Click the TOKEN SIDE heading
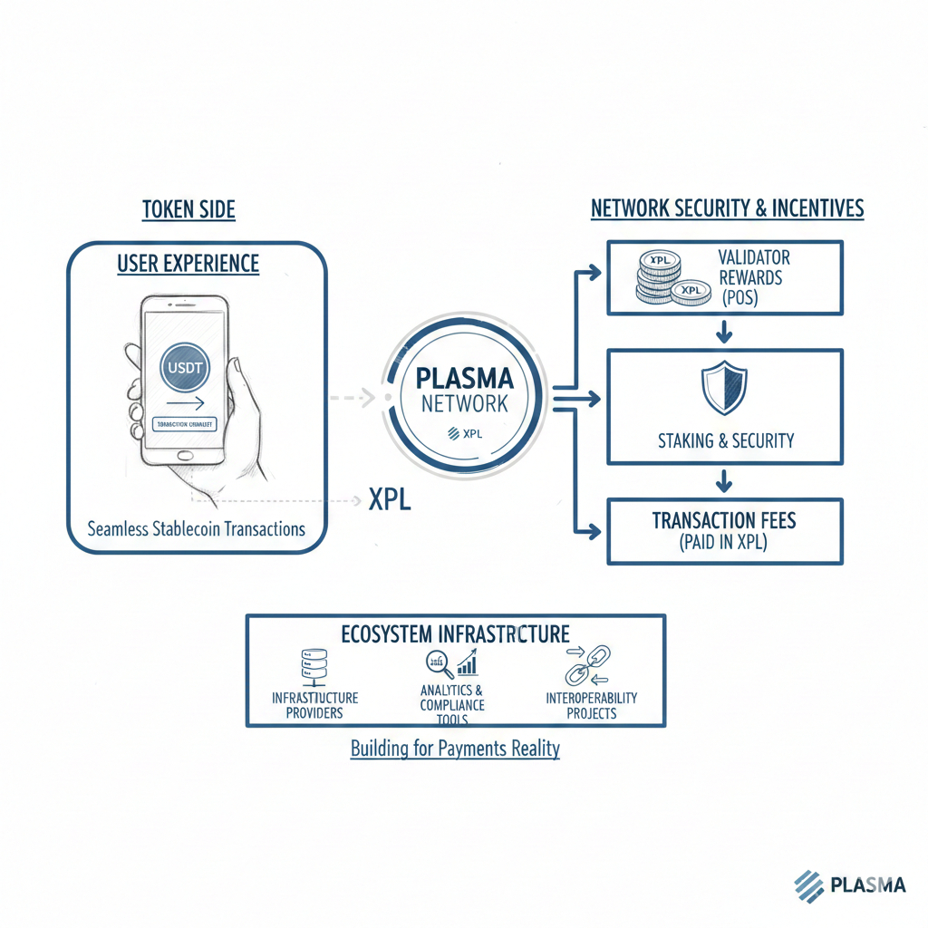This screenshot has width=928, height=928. [188, 210]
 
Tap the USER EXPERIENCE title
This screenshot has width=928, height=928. [188, 265]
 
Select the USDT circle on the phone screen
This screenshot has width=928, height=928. [186, 368]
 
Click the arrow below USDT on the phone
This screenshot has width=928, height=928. [186, 404]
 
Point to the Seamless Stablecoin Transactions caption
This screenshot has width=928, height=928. [197, 528]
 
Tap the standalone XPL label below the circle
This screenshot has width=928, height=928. [390, 499]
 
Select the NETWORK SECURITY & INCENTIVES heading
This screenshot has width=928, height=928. [727, 209]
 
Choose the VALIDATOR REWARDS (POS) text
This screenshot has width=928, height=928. [751, 277]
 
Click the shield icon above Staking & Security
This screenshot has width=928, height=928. [724, 388]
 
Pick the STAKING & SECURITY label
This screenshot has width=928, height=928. [725, 441]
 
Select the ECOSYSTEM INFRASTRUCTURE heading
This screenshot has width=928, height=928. [455, 633]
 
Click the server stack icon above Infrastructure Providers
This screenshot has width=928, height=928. [313, 668]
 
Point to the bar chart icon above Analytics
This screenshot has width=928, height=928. [468, 664]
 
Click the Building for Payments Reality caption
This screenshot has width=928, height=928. [455, 749]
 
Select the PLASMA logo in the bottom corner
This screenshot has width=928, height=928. [848, 884]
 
